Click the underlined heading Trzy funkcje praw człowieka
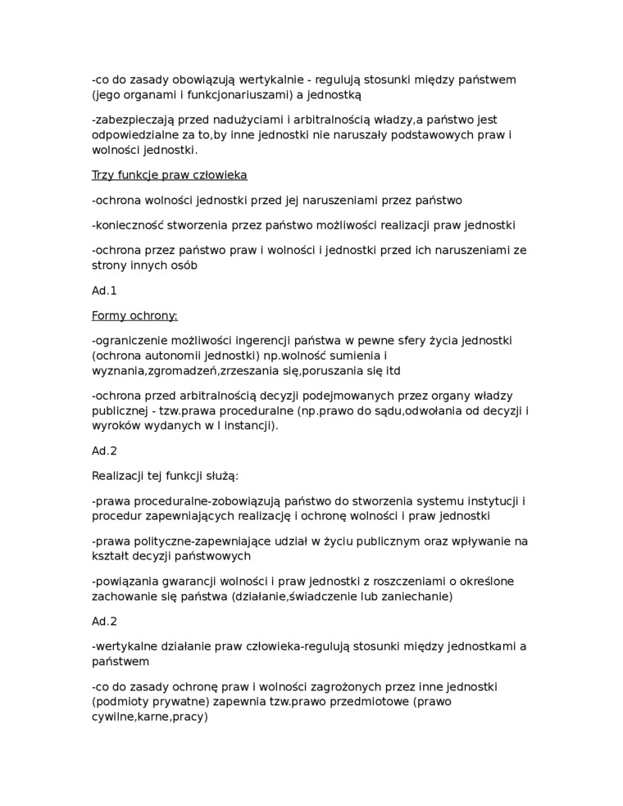coord(169,174)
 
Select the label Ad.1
coord(104,290)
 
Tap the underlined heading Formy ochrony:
coord(134,315)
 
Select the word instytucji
coord(490,500)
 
